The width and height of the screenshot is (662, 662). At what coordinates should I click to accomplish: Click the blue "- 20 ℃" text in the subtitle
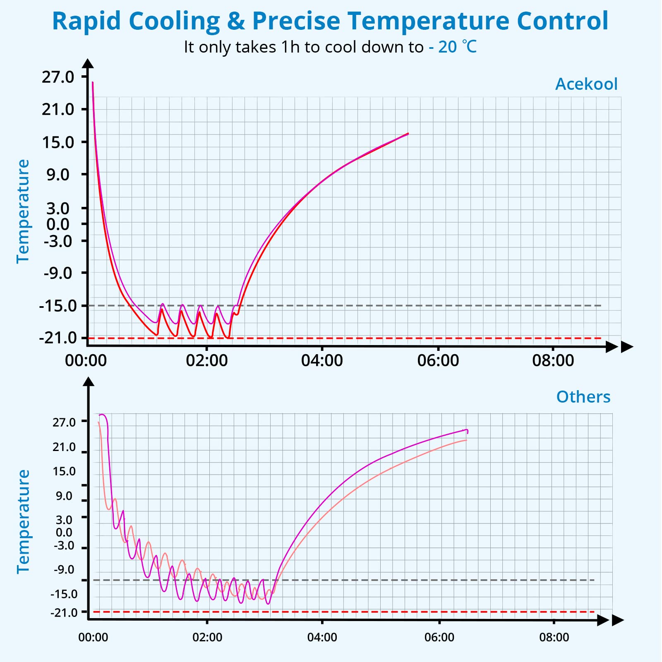point(453,47)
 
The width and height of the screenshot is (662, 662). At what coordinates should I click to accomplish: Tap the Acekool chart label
point(586,84)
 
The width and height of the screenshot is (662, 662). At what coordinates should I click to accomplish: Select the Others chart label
point(583,397)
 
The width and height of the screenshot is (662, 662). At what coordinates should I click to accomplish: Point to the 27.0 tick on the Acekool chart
point(58,77)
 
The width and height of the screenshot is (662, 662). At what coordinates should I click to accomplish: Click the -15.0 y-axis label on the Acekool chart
point(58,306)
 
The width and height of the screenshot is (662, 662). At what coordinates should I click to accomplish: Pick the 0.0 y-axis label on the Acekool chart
point(58,225)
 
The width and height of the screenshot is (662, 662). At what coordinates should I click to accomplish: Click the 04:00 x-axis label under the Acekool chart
point(322,360)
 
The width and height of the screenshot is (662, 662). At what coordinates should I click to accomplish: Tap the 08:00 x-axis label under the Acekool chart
point(553,360)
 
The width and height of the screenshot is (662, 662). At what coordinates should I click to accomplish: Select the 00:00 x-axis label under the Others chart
point(93,637)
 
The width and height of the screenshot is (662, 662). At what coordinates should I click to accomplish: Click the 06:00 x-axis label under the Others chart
point(439,637)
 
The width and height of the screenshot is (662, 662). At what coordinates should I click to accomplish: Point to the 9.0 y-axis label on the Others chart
point(64,496)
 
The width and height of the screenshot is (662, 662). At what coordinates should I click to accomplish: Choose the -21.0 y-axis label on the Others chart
point(64,612)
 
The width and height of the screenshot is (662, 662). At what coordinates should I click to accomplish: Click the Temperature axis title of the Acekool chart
point(23,211)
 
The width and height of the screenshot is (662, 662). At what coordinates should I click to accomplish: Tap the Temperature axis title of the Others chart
point(23,522)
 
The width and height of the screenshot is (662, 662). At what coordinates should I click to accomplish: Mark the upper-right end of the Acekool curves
point(408,134)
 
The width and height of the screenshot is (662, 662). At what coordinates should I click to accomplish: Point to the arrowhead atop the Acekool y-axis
point(88,63)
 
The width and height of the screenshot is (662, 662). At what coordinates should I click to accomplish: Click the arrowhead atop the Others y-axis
point(89,381)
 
